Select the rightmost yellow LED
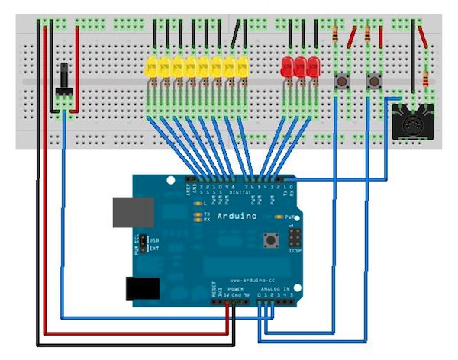243,66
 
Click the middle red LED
301,66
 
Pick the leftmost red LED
288,66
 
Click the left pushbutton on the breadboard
342,80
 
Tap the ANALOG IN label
275,291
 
